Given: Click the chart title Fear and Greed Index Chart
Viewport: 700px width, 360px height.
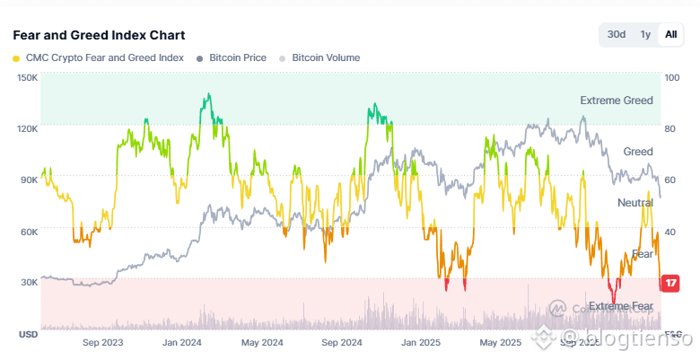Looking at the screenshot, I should pos(99,35).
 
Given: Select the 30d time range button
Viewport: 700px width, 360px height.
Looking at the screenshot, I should pos(617,35).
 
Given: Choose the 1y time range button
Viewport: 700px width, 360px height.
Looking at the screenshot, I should pos(645,35).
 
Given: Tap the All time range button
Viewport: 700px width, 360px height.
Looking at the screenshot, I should pos(670,35).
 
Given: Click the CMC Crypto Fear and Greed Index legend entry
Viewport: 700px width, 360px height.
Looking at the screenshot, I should pos(98,57).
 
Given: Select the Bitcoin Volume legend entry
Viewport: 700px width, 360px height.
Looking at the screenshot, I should pos(319,57).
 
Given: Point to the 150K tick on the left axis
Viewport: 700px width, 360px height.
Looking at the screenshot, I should pos(27,77).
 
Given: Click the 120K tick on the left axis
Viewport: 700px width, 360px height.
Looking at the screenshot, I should pos(27,128).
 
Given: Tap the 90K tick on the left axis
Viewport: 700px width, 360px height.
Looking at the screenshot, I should pos(28,180).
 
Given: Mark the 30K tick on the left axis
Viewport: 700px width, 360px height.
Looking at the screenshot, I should pos(28,282).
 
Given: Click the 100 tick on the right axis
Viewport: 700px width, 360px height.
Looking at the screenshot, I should pos(672,77).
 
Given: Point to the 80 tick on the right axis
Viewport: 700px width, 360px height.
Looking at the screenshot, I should pos(670,128).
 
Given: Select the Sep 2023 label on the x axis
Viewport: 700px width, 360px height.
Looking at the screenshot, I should pos(102,343).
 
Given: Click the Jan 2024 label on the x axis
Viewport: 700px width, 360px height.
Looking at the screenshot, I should pos(180,343).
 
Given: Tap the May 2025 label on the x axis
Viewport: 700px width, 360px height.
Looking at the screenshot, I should pos(500,343).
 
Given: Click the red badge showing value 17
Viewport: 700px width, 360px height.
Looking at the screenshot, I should pos(670,284).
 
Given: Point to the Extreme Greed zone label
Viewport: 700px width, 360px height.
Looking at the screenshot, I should pos(617,101).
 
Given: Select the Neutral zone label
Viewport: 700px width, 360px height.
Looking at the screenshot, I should pos(635,203).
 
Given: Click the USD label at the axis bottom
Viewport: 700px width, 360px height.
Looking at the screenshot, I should pos(27,334).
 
